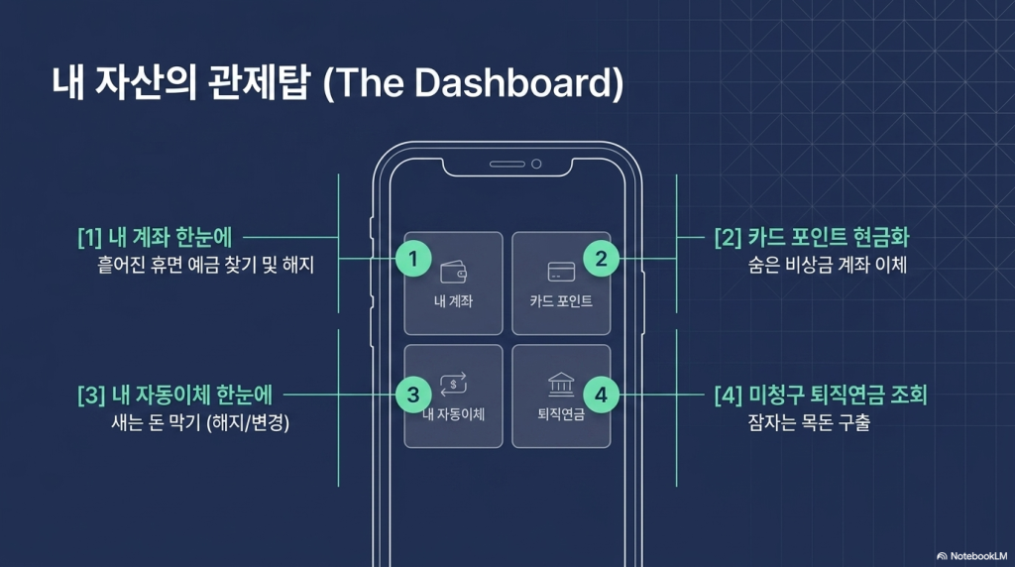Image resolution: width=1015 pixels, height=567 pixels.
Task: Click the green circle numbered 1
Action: pos(413,259)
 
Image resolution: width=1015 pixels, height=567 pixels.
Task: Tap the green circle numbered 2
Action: pos(601,259)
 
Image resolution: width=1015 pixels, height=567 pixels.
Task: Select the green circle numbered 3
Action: pos(413,395)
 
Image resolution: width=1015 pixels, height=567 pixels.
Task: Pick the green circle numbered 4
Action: pos(601,395)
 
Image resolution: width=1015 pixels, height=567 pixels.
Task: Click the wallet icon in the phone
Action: pos(453,272)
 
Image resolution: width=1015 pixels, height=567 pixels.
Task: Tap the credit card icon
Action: pos(561,272)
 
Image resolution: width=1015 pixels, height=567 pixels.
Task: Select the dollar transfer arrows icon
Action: pos(454,384)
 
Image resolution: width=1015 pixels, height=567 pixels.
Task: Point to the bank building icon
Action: pos(561,385)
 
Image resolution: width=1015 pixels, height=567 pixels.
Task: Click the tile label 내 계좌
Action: pos(453,301)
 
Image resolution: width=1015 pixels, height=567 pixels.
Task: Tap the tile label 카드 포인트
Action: pos(561,301)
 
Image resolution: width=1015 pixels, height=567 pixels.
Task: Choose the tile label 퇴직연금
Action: pos(561,413)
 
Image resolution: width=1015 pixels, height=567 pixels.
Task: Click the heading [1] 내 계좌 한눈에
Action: pos(155,238)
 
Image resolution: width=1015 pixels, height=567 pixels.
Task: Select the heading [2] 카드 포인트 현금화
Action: pos(812,238)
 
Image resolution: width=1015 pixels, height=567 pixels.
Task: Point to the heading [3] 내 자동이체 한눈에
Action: pos(174,395)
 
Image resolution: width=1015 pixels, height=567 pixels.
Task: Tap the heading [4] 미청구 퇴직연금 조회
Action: pos(821,395)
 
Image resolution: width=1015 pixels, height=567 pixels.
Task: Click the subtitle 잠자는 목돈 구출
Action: pos(809,422)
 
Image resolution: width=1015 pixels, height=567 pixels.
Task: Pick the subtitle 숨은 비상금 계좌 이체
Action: pos(828,265)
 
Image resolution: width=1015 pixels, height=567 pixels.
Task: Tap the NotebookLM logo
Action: pos(971,556)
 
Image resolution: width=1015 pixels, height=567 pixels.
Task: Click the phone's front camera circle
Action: pos(536,164)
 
